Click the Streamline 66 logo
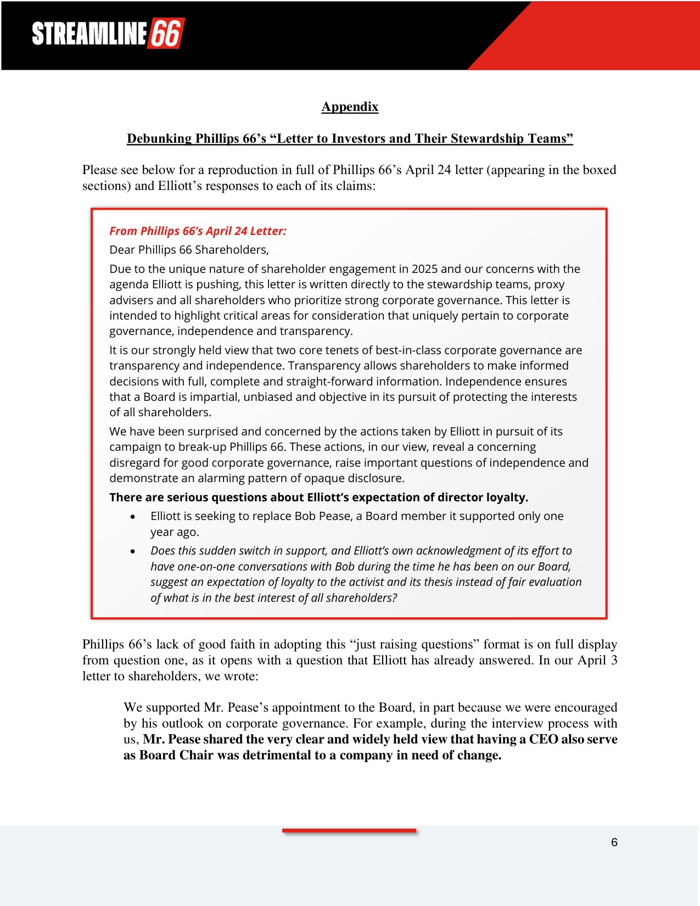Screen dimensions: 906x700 [x=108, y=34]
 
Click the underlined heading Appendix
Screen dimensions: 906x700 [x=350, y=107]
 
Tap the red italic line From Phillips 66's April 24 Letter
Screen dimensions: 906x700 [x=198, y=231]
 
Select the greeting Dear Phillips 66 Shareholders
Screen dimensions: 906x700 [x=189, y=250]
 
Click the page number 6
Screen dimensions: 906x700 [x=614, y=842]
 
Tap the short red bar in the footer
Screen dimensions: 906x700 [x=349, y=831]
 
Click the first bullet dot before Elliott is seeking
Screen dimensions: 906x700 [x=133, y=517]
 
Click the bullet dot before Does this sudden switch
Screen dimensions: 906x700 [x=133, y=551]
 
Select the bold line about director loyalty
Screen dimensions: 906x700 [x=318, y=497]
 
